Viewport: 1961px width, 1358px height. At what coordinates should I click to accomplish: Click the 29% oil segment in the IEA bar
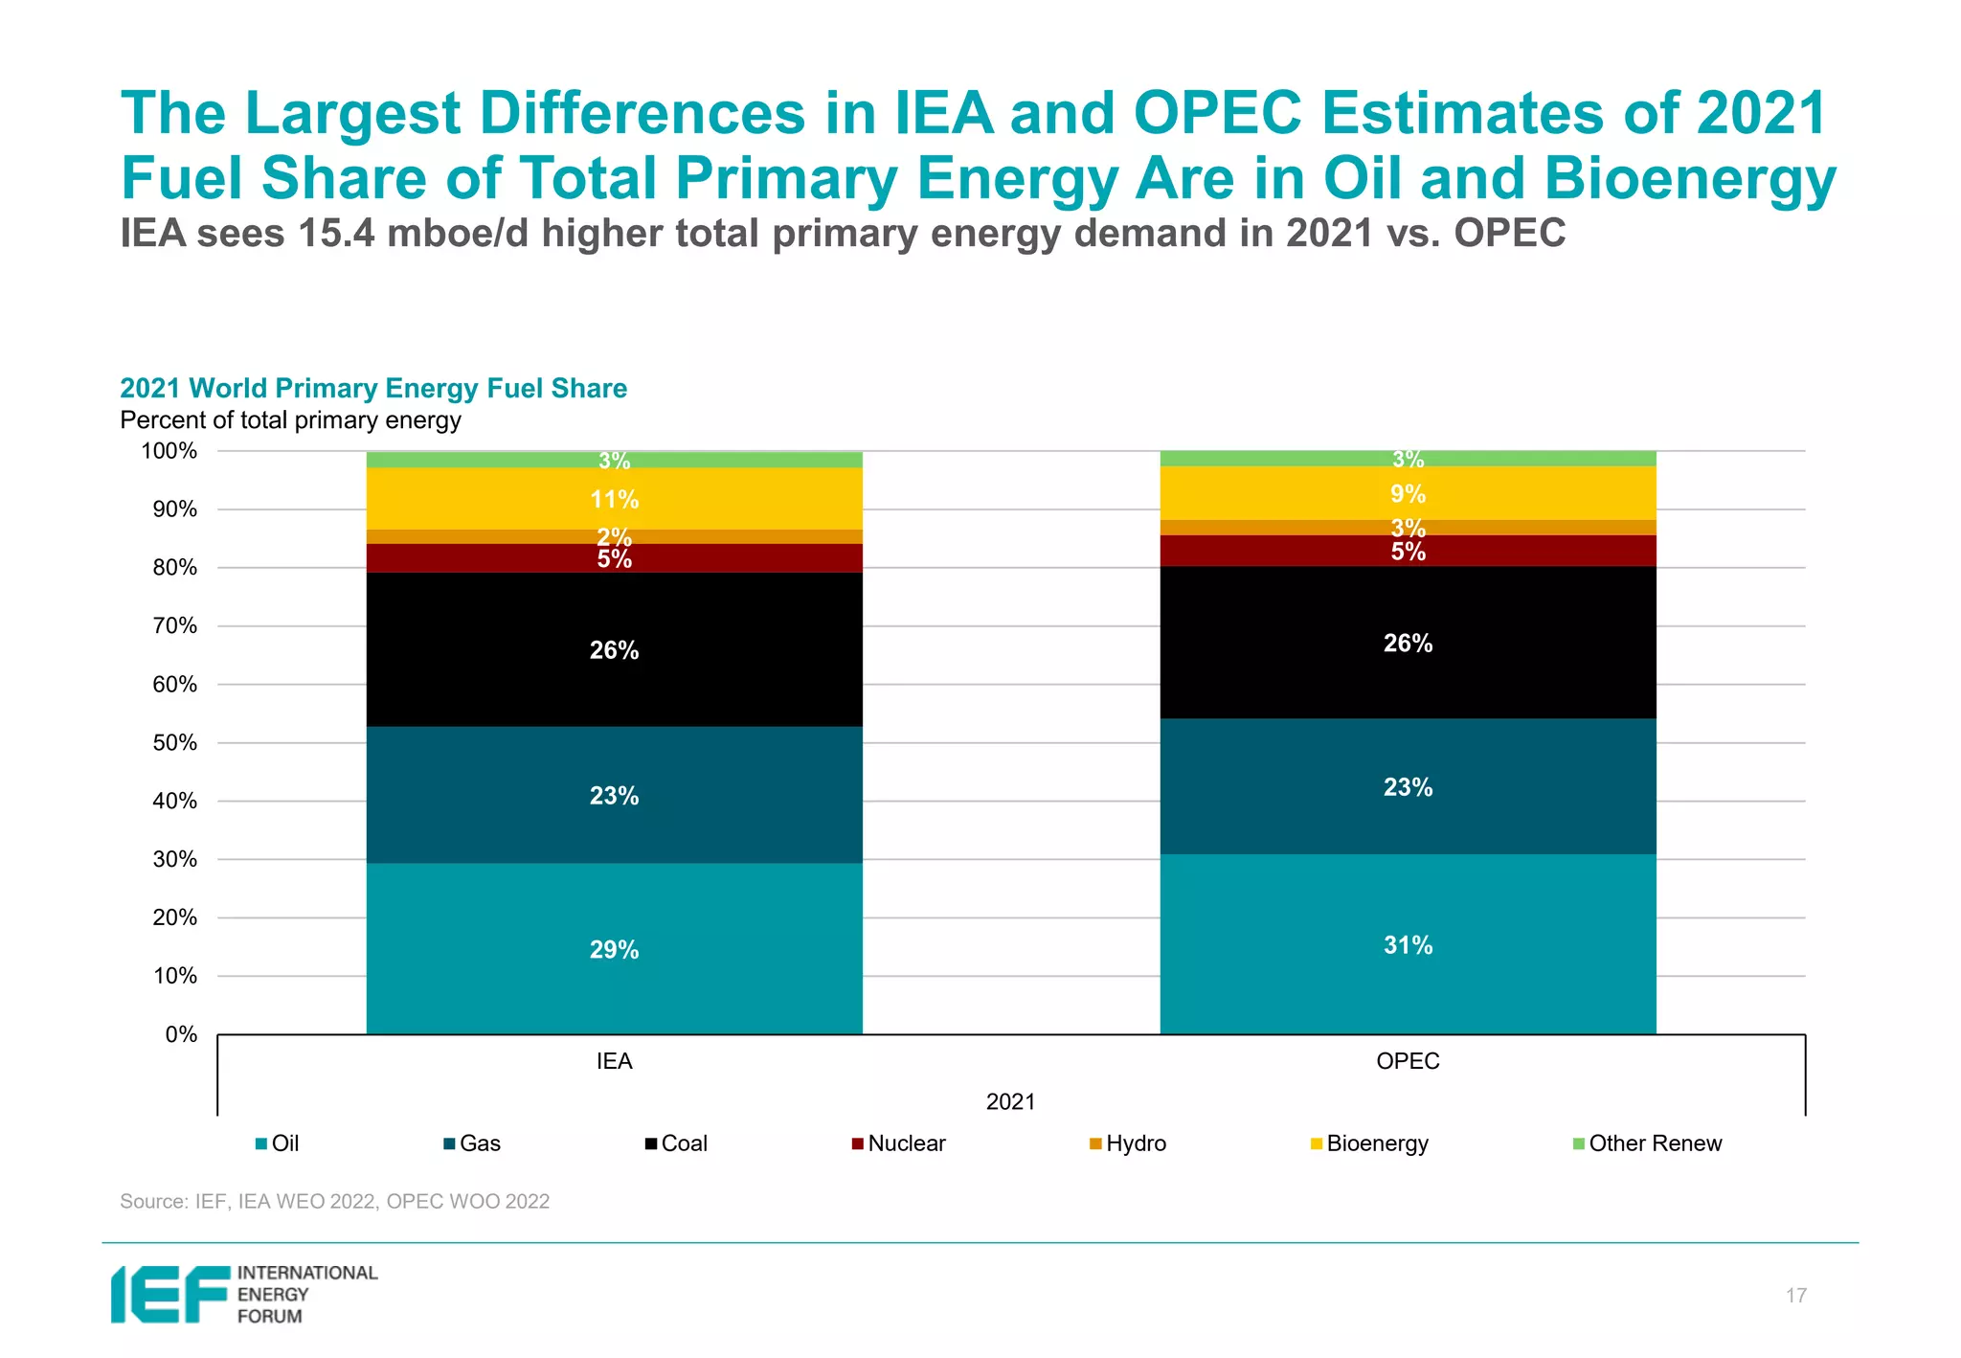pos(614,949)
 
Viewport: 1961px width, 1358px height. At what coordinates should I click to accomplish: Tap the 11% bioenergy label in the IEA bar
pos(614,499)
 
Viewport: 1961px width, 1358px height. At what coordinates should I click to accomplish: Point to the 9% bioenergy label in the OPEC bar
pos(1408,494)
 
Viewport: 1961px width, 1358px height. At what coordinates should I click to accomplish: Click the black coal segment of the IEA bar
pos(614,649)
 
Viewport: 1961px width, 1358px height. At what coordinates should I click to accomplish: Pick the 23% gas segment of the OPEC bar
pos(1408,787)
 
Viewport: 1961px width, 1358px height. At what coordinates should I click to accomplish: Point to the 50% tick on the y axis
pos(174,743)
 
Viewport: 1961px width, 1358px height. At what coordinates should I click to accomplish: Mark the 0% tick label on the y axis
pos(181,1034)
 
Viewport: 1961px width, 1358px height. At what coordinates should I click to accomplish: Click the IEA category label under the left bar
pos(614,1061)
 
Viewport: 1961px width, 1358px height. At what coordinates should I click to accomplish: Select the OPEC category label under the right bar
pos(1408,1061)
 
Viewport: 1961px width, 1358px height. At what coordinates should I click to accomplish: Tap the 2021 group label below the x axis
pos(1010,1101)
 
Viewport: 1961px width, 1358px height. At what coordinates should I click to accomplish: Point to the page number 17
pos(1795,1296)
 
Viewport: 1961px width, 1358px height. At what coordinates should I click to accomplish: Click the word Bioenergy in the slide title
pos(1689,179)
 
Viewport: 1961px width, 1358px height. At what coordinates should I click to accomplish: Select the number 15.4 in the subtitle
pos(336,234)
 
